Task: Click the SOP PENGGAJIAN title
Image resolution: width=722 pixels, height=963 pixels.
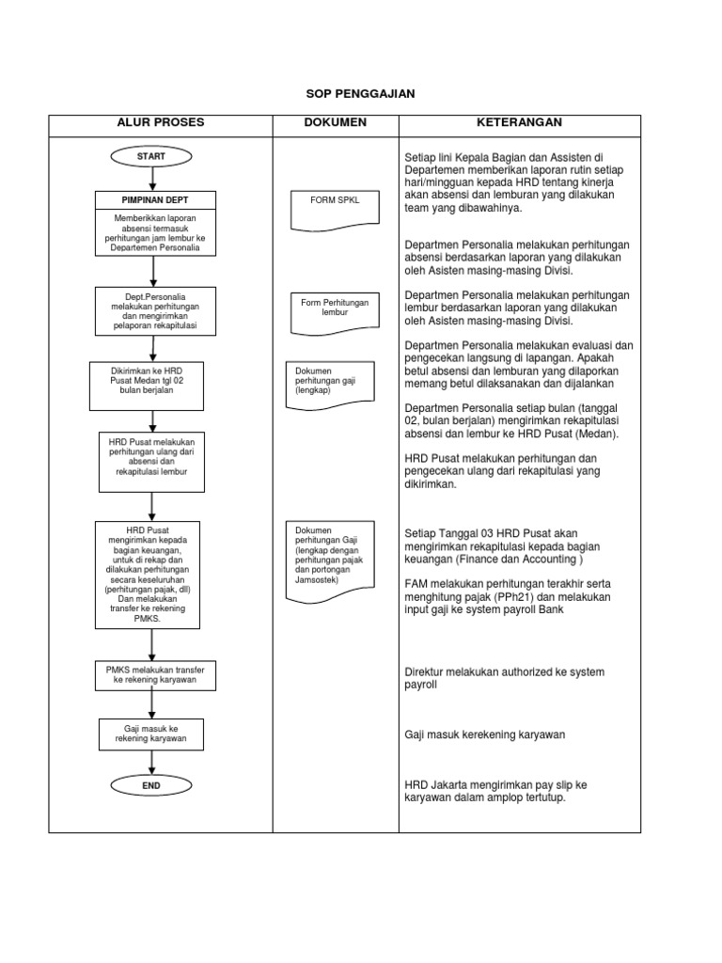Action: [361, 94]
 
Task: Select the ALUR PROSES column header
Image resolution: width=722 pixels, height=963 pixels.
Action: [161, 123]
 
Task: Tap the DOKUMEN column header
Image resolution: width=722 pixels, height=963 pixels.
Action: [336, 123]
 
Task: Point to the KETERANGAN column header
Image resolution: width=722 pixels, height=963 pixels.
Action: [519, 123]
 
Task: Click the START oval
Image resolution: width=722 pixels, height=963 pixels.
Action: [151, 156]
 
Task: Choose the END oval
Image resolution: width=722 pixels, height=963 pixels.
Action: [151, 784]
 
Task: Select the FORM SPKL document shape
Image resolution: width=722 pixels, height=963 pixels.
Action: [336, 213]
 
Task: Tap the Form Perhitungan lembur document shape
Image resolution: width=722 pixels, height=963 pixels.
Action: [336, 314]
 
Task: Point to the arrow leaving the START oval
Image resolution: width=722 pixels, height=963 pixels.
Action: [151, 179]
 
